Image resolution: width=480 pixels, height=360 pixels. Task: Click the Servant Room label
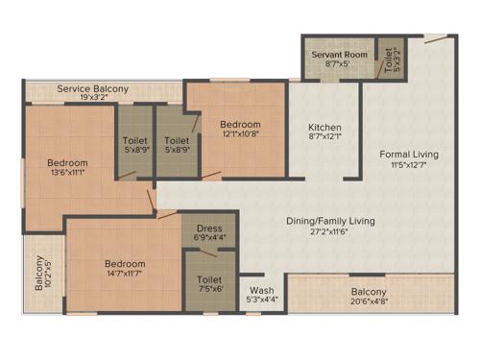(339, 55)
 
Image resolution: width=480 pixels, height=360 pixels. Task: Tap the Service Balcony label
(92, 88)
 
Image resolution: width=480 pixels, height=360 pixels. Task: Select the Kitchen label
(324, 128)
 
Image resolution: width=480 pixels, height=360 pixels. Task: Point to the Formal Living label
(409, 154)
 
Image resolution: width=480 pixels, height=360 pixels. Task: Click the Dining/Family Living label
(330, 221)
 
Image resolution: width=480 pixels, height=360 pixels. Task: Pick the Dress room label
(209, 228)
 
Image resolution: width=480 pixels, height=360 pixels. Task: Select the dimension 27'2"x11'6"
(330, 232)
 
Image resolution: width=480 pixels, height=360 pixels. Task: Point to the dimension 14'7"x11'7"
(126, 275)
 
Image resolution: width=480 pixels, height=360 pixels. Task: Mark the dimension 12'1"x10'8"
(239, 135)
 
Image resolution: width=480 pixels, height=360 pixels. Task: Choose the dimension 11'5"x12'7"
(409, 165)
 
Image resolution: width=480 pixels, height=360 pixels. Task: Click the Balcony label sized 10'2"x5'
(39, 274)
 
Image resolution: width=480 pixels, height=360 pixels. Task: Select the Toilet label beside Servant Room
(389, 54)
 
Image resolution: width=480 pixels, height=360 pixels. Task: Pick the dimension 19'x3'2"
(92, 98)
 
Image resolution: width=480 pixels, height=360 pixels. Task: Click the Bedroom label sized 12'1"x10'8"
(239, 124)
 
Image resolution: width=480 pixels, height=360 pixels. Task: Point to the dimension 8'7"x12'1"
(324, 139)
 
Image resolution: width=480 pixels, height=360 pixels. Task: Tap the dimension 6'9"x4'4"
(209, 238)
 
